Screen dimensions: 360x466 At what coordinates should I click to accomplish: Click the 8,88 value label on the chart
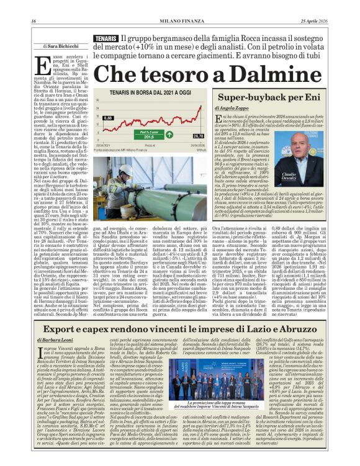(x=107, y=117)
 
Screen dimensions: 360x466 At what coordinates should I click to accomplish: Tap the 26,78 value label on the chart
(x=198, y=136)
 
